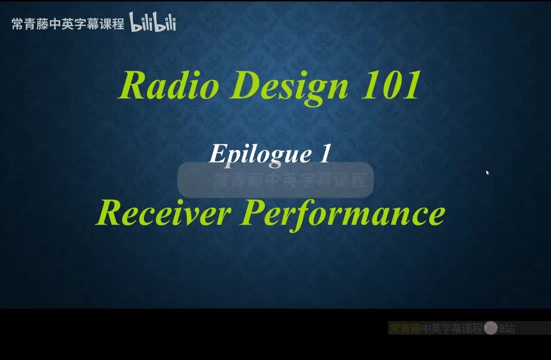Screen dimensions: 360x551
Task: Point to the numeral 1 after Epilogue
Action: [x=324, y=153]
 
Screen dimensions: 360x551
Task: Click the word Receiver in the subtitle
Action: [x=163, y=213]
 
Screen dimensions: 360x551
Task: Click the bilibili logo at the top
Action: [x=152, y=22]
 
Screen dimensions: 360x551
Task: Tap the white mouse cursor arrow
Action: [x=487, y=172]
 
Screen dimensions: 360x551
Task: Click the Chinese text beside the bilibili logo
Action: [x=67, y=23]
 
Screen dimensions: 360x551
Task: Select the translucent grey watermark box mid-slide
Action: [x=275, y=179]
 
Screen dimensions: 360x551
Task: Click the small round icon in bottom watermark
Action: [x=490, y=328]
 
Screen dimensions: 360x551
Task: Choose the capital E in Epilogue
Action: [x=217, y=153]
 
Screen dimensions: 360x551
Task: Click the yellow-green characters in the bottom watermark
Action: [x=405, y=328]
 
